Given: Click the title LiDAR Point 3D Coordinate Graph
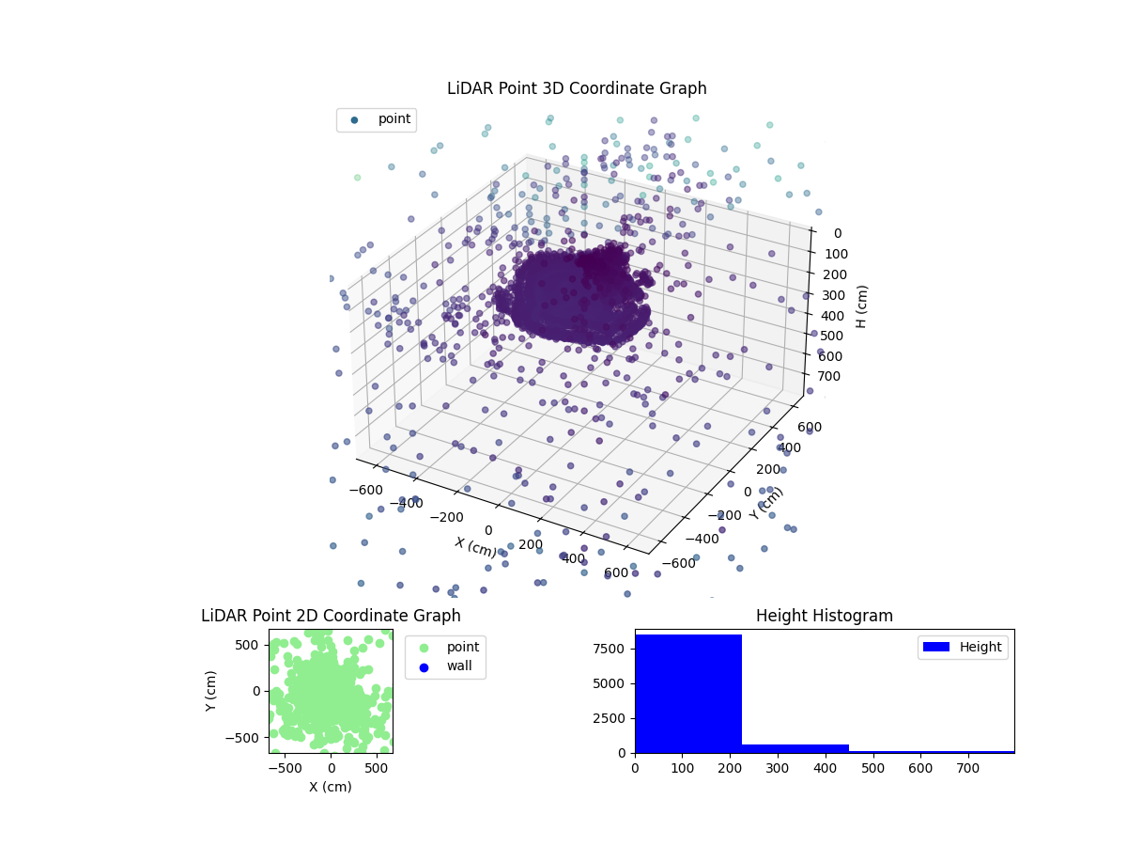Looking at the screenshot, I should (577, 88).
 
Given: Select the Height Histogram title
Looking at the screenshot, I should (824, 616).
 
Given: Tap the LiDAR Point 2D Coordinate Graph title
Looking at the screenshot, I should (331, 616).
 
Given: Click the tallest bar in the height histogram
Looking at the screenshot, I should (688, 693).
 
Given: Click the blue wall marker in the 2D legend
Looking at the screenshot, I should (424, 666).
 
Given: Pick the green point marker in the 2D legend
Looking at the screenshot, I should (424, 648).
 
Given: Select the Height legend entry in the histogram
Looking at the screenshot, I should (963, 647).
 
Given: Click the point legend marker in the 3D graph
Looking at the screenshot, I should (354, 119).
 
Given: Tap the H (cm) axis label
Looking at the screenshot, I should (861, 306).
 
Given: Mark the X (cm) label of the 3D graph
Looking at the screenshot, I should (476, 547).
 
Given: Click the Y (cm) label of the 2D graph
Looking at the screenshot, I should (212, 691).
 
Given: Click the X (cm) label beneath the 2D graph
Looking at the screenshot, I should (331, 787).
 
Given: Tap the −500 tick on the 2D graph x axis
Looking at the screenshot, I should (284, 768).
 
